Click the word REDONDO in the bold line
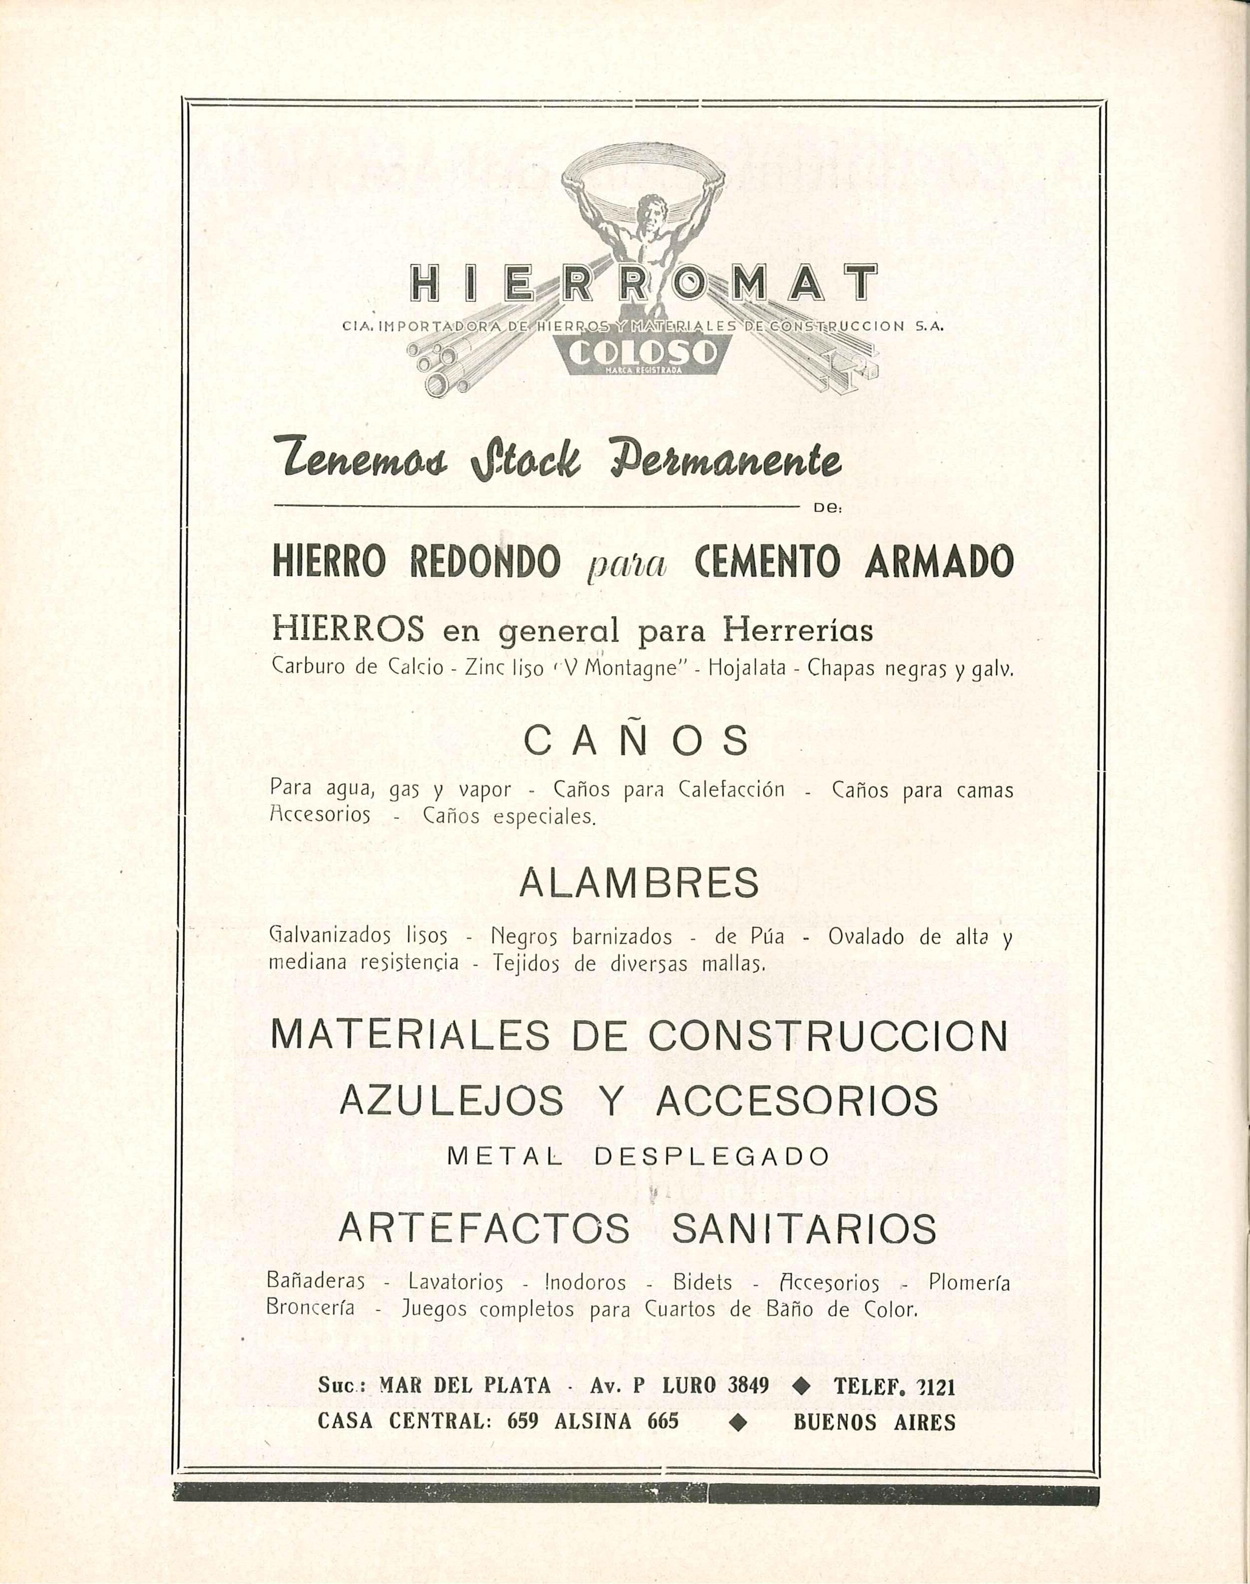point(485,562)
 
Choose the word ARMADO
point(939,562)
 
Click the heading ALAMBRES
point(638,883)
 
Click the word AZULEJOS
point(452,1099)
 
